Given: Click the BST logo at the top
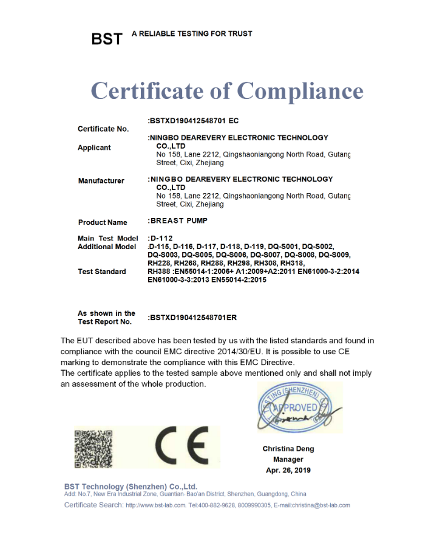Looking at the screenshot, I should click(106, 39).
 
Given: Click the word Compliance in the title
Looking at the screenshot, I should click(300, 91).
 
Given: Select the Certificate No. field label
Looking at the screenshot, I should click(103, 129).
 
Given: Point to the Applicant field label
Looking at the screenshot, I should click(94, 148).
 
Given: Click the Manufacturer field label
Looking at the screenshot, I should click(101, 181).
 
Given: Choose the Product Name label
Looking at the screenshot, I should click(103, 222).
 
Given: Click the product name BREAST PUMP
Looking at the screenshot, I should click(177, 221).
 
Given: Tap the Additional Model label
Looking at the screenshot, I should click(107, 247).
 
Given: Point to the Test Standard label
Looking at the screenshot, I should click(102, 272).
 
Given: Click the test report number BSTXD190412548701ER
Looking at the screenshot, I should click(192, 318).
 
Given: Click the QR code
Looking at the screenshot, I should click(93, 449).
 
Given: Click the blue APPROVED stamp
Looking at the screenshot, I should click(295, 407).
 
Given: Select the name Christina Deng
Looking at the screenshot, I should click(288, 449).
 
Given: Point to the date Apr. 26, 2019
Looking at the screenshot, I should click(288, 470).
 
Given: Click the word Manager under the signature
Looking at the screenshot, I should click(288, 460).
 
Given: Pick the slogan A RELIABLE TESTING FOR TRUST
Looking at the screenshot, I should click(192, 33).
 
